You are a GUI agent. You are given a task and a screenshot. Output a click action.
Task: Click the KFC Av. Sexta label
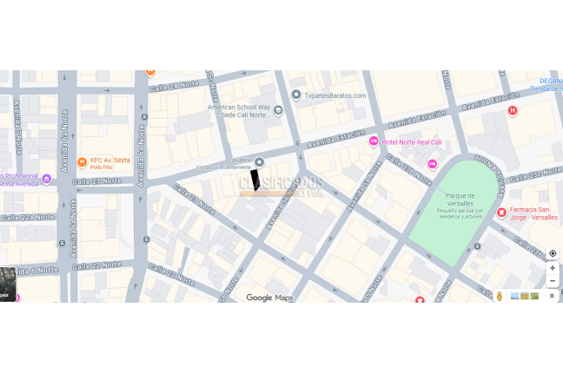click(109, 160)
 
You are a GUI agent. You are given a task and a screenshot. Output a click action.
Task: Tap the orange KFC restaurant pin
click(82, 160)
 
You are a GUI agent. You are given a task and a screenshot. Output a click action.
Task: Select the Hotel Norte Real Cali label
click(412, 141)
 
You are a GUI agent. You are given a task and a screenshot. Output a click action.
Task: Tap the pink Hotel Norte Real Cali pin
click(374, 141)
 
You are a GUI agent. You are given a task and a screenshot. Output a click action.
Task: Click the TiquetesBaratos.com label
click(334, 95)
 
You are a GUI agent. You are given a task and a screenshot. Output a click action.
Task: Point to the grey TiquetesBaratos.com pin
click(296, 95)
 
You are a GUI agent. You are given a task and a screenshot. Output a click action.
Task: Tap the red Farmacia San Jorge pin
click(501, 213)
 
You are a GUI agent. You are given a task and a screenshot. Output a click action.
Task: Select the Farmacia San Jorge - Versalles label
click(530, 213)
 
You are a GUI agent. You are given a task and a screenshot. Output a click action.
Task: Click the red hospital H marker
click(513, 110)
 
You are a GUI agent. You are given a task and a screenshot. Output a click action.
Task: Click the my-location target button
click(553, 253)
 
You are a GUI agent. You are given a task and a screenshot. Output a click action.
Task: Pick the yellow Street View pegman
click(500, 296)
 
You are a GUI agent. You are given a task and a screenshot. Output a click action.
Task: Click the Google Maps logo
click(269, 298)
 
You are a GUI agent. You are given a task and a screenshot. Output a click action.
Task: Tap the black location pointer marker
click(255, 180)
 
